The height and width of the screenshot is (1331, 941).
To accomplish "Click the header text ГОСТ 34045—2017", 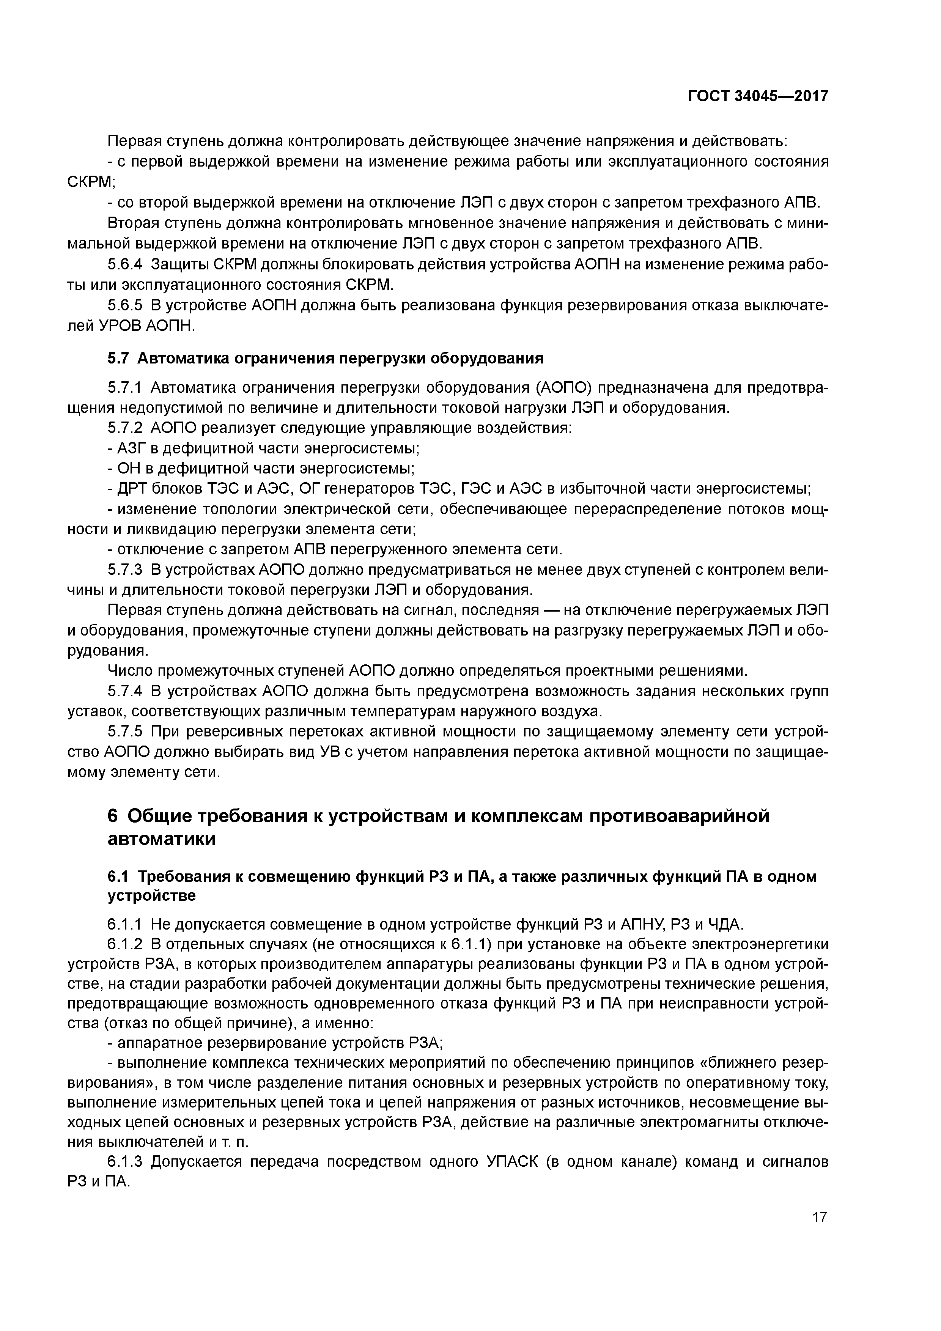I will point(758,96).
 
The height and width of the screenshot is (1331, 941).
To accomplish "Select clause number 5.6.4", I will point(125,265).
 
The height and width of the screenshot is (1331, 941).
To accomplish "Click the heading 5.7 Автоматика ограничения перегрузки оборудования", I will point(325,359).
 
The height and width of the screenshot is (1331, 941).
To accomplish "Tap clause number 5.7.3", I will point(125,570).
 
